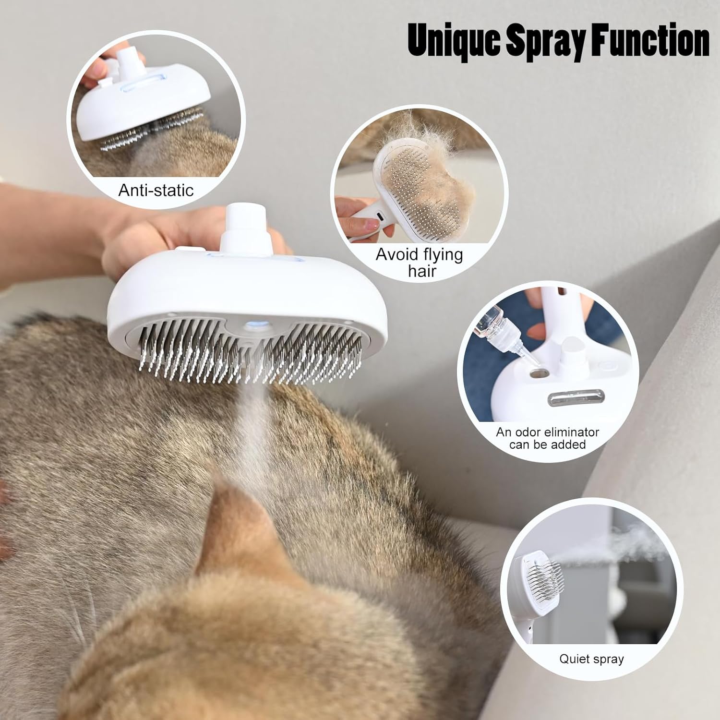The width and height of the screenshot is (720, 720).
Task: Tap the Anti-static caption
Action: (x=156, y=191)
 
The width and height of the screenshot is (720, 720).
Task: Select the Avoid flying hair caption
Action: (x=420, y=262)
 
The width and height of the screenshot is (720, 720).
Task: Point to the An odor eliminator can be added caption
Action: (x=548, y=438)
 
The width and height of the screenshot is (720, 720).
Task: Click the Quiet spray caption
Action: (x=591, y=659)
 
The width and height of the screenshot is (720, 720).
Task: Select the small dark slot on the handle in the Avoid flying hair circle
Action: (x=379, y=216)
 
